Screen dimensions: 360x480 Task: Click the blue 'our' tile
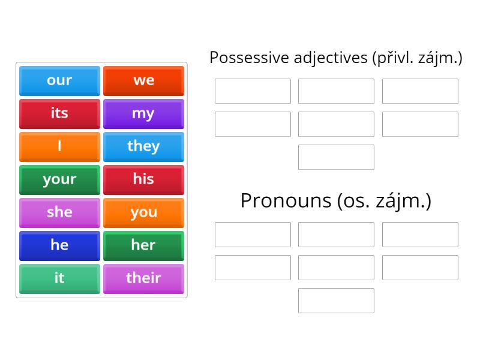click(59, 80)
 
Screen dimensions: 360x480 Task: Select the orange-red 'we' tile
click(143, 80)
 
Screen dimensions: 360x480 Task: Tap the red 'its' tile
click(59, 113)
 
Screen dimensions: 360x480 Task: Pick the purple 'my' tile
click(143, 113)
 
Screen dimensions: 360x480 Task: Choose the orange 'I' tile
click(59, 146)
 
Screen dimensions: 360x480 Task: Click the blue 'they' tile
click(143, 146)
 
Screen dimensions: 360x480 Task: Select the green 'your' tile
click(59, 179)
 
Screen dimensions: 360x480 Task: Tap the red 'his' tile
click(143, 179)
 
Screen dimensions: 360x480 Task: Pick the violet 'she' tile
click(59, 212)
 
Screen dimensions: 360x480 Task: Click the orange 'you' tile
click(143, 212)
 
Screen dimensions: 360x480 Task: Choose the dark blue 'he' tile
click(59, 245)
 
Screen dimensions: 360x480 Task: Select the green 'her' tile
click(143, 245)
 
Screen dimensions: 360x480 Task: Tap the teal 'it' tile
click(59, 278)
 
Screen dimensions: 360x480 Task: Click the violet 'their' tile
click(143, 278)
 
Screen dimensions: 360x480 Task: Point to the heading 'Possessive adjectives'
click(288, 58)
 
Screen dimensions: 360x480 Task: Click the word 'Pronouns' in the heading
click(286, 200)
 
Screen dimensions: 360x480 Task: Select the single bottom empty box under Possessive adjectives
click(336, 157)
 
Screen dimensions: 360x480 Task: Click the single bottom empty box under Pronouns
click(336, 301)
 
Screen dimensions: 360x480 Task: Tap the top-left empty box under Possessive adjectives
click(253, 91)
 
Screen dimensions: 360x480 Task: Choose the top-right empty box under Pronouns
click(420, 235)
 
